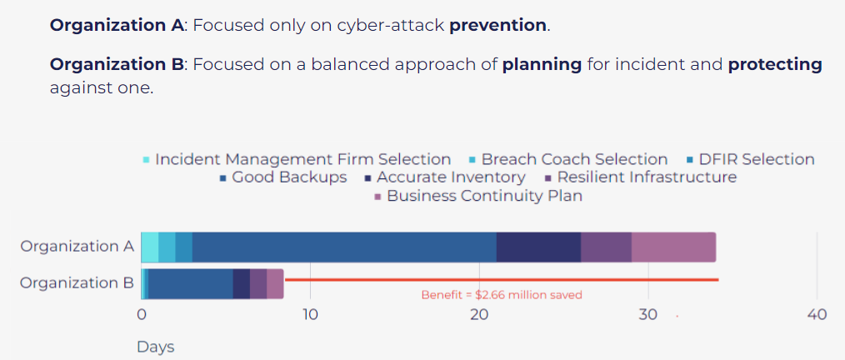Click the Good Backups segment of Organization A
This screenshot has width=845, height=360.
[x=344, y=247]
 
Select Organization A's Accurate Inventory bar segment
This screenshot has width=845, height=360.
[x=538, y=247]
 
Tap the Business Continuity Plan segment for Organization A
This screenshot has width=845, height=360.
[x=673, y=247]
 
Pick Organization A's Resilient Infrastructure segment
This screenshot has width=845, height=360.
[x=607, y=247]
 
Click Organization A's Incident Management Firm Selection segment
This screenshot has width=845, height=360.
[x=150, y=247]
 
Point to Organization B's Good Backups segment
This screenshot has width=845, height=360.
[x=191, y=283]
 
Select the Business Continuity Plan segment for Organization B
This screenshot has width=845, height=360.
[x=275, y=283]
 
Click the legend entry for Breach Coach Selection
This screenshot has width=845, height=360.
[x=568, y=159]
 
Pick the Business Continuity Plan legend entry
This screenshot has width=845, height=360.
[x=478, y=196]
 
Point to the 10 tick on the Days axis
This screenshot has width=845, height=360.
[x=310, y=315]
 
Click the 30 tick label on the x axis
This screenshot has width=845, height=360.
[x=647, y=315]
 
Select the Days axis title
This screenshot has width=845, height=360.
[x=156, y=347]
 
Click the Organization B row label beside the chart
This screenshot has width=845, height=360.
[x=77, y=283]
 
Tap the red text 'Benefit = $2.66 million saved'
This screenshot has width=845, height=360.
[x=502, y=295]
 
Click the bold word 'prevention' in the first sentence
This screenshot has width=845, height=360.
[x=498, y=26]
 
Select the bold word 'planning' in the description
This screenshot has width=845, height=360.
[x=542, y=65]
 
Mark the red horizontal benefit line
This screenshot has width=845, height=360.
[x=502, y=280]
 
